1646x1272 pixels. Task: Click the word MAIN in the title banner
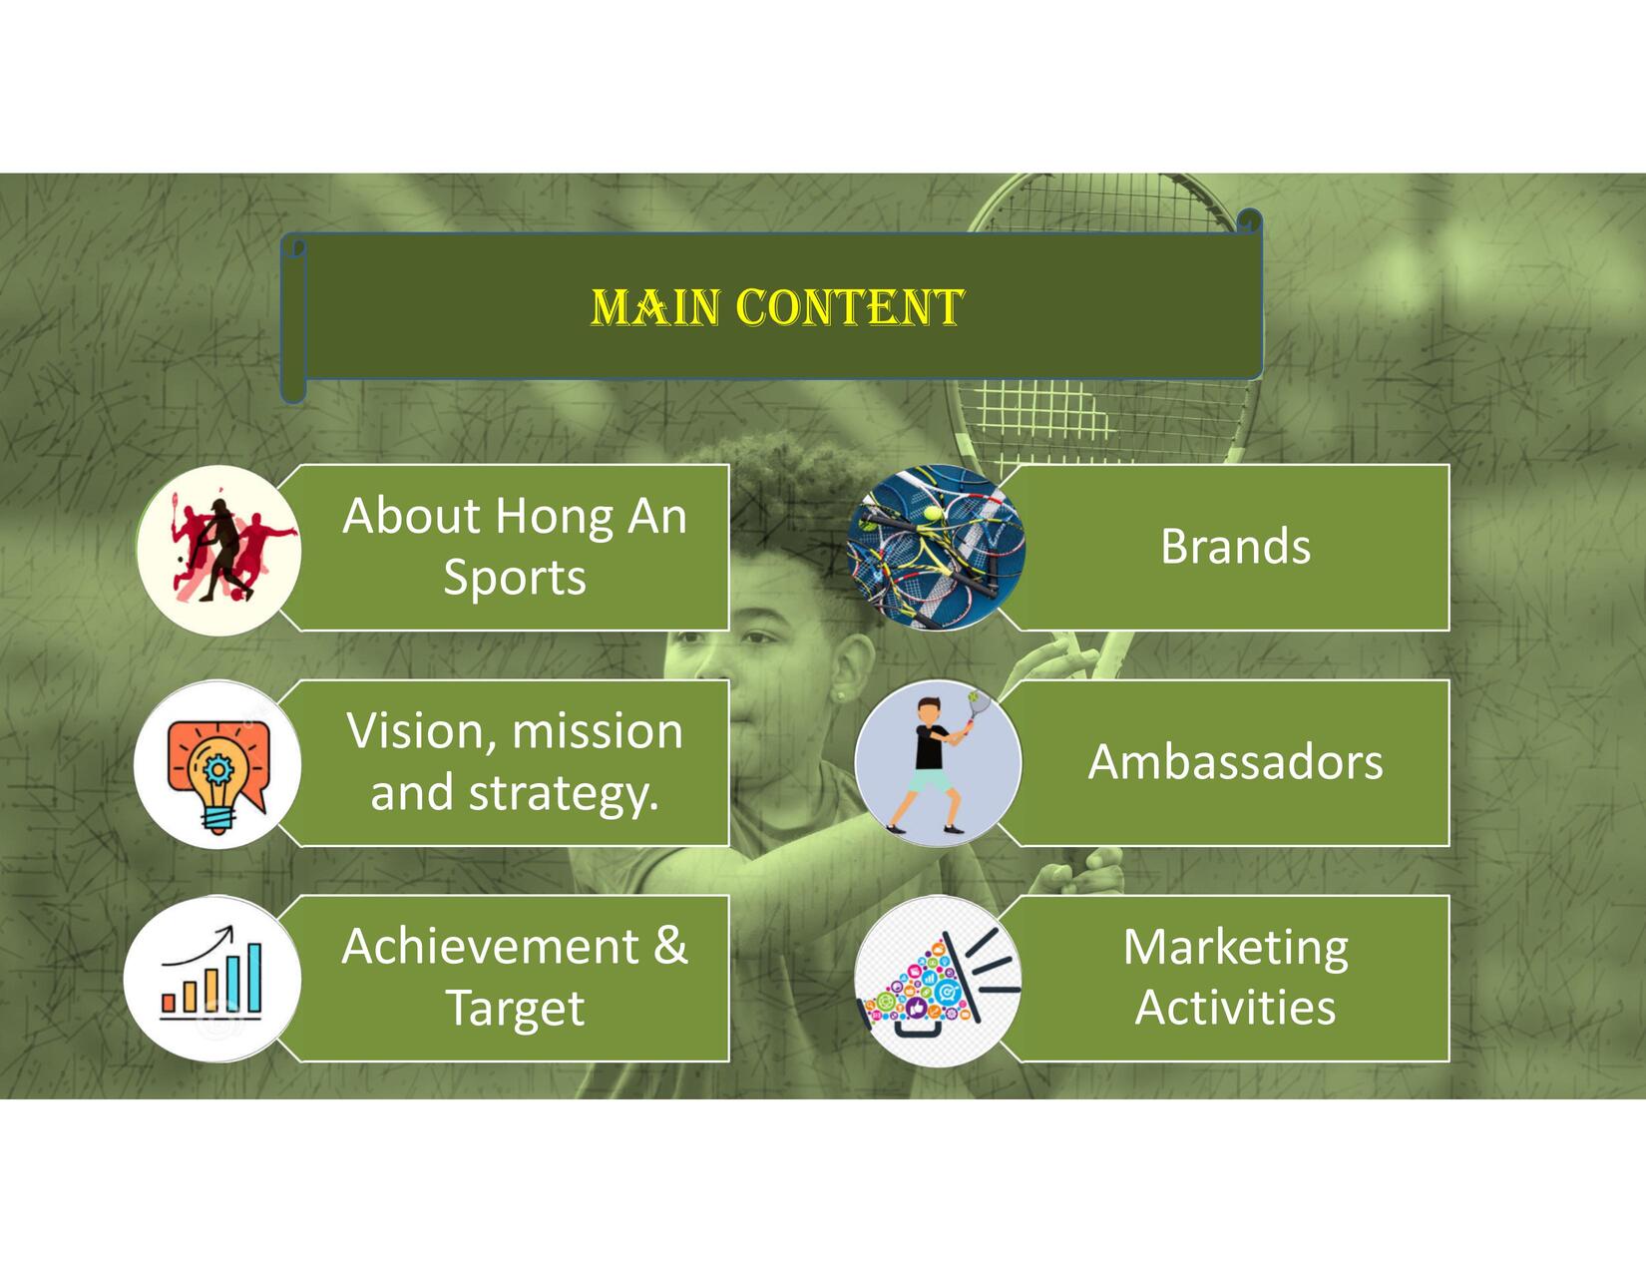655,307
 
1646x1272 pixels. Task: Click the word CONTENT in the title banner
850,307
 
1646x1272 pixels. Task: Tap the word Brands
1235,547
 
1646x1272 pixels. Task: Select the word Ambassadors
1235,761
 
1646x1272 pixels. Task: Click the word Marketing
1235,950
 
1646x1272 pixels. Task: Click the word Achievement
490,946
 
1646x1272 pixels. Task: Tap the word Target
515,1010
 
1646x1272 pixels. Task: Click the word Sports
515,579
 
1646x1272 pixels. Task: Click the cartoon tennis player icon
939,762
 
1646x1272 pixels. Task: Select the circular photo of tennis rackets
937,547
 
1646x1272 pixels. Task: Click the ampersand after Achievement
670,946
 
